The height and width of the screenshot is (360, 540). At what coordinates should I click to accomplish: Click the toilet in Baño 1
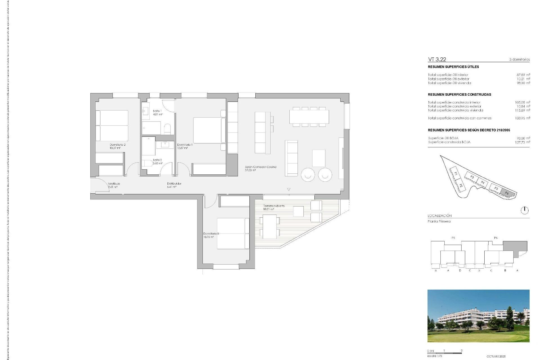[x=167, y=129]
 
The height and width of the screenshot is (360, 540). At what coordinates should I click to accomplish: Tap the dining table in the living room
[x=309, y=117]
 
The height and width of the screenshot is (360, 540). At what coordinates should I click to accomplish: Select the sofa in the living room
[x=291, y=158]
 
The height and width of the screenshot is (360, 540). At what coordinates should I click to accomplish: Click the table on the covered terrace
[x=270, y=226]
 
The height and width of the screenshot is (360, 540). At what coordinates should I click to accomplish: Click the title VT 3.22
[x=437, y=59]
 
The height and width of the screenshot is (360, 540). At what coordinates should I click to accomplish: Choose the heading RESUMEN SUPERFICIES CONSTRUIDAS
[x=459, y=94]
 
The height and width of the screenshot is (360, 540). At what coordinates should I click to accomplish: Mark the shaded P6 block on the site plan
[x=507, y=193]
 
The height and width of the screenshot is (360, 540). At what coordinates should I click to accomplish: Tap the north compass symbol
[x=525, y=210]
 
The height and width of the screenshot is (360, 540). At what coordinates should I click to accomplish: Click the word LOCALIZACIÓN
[x=440, y=216]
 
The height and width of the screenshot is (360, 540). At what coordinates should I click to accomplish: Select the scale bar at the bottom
[x=444, y=353]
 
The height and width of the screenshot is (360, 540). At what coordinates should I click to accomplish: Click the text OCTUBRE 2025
[x=496, y=356]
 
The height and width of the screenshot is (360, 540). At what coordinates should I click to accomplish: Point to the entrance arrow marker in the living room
[x=289, y=190]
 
